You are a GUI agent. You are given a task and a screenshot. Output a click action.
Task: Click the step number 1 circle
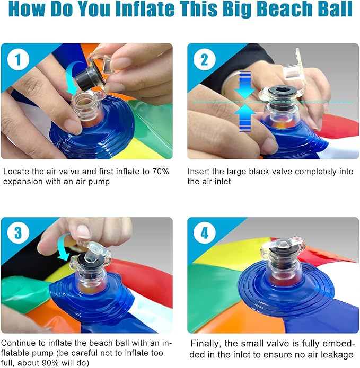coord(18,60)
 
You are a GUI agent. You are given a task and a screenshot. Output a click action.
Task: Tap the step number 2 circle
coord(204,60)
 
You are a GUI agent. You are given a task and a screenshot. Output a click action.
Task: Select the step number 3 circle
coord(18,234)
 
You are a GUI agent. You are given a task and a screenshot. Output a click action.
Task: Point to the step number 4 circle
coord(204,234)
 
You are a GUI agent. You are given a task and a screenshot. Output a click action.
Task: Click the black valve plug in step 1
coord(85,77)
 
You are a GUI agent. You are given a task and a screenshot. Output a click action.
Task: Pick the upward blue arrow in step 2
coord(244,117)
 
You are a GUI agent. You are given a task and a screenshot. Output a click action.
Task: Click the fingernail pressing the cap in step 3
coord(83,231)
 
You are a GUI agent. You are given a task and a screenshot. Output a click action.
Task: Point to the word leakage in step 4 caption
coord(335,354)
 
